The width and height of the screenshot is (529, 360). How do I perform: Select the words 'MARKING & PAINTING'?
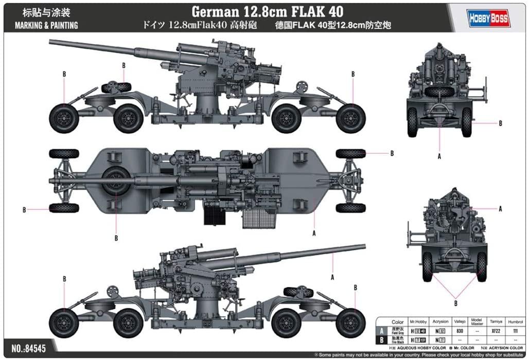point(46,25)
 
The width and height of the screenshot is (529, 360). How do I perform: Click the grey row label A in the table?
point(382,332)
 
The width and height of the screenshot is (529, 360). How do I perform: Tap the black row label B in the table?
point(382,340)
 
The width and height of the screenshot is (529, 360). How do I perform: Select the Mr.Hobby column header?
point(420,322)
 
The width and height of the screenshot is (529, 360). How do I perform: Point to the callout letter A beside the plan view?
point(313,233)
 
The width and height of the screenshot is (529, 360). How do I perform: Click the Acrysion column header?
point(441,322)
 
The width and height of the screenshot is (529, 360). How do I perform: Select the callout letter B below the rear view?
point(455,303)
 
